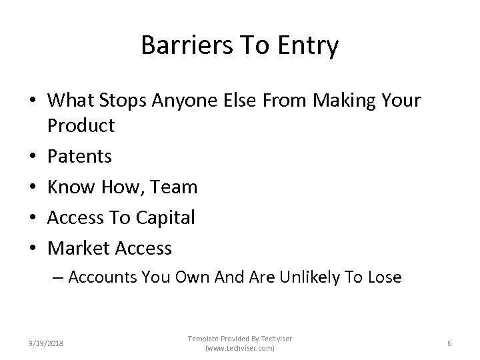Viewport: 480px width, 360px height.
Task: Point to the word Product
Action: [x=81, y=125]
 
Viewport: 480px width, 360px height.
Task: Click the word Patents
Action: [x=80, y=156]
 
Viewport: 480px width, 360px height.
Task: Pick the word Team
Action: [x=175, y=187]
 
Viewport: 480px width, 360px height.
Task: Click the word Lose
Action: [x=383, y=277]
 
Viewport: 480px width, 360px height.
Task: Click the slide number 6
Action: [x=449, y=343]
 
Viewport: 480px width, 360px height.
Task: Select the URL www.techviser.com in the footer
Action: [x=239, y=349]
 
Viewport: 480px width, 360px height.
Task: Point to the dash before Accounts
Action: [x=57, y=277]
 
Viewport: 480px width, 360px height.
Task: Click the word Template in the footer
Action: [x=203, y=339]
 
